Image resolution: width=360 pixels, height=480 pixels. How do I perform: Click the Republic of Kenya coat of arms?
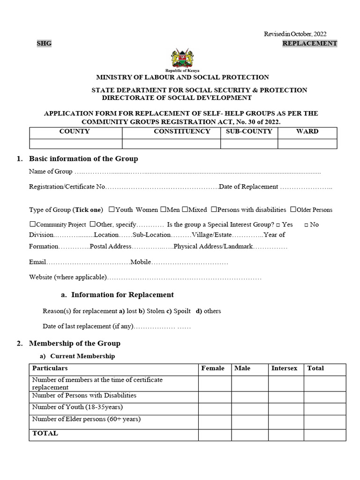point(182,58)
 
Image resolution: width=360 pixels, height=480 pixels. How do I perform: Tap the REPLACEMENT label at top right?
point(309,43)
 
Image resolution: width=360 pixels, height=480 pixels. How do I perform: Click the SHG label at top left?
point(44,43)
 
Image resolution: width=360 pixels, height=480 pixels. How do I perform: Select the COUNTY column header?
point(75,131)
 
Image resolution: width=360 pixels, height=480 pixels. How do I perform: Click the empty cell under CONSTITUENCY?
point(171,143)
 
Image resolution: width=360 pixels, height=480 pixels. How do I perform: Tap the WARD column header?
point(307,131)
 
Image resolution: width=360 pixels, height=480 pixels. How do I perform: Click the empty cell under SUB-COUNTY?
point(249,143)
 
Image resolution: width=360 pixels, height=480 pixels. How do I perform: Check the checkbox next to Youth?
point(112,210)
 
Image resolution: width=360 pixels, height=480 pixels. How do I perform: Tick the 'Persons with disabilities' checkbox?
point(214,210)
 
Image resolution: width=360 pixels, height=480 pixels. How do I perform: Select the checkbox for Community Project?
point(32,225)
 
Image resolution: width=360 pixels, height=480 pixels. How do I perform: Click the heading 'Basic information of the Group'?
point(83,159)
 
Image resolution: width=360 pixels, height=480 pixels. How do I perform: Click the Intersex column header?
point(285,368)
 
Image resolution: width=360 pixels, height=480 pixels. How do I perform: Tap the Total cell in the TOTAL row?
point(325,435)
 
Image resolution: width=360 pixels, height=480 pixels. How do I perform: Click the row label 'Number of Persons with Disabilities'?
point(84,396)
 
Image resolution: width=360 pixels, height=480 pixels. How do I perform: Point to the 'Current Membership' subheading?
point(82,356)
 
